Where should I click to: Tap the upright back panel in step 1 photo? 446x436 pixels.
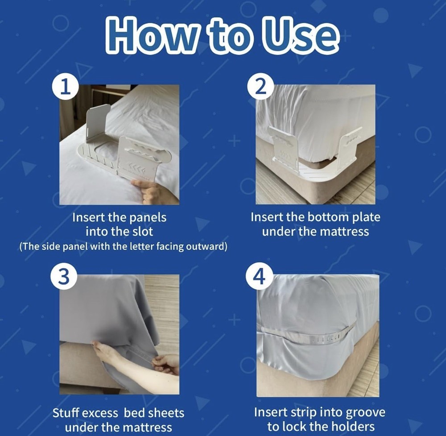click(x=98, y=123)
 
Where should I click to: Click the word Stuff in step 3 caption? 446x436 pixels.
click(x=67, y=413)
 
